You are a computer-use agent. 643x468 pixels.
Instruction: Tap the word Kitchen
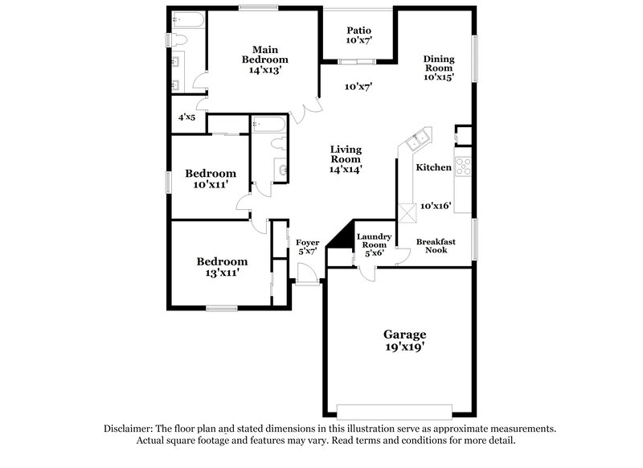[433, 167]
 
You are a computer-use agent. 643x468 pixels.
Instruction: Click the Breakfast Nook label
[436, 245]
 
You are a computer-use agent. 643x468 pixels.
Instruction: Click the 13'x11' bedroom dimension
[222, 273]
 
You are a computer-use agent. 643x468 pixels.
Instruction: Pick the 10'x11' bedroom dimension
[211, 184]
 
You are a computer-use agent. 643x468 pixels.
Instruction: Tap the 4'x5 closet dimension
[187, 118]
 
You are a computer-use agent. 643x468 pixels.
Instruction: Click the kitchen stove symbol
[464, 166]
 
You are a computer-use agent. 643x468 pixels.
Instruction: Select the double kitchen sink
[418, 142]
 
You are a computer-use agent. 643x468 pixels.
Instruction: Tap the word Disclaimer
[126, 429]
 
